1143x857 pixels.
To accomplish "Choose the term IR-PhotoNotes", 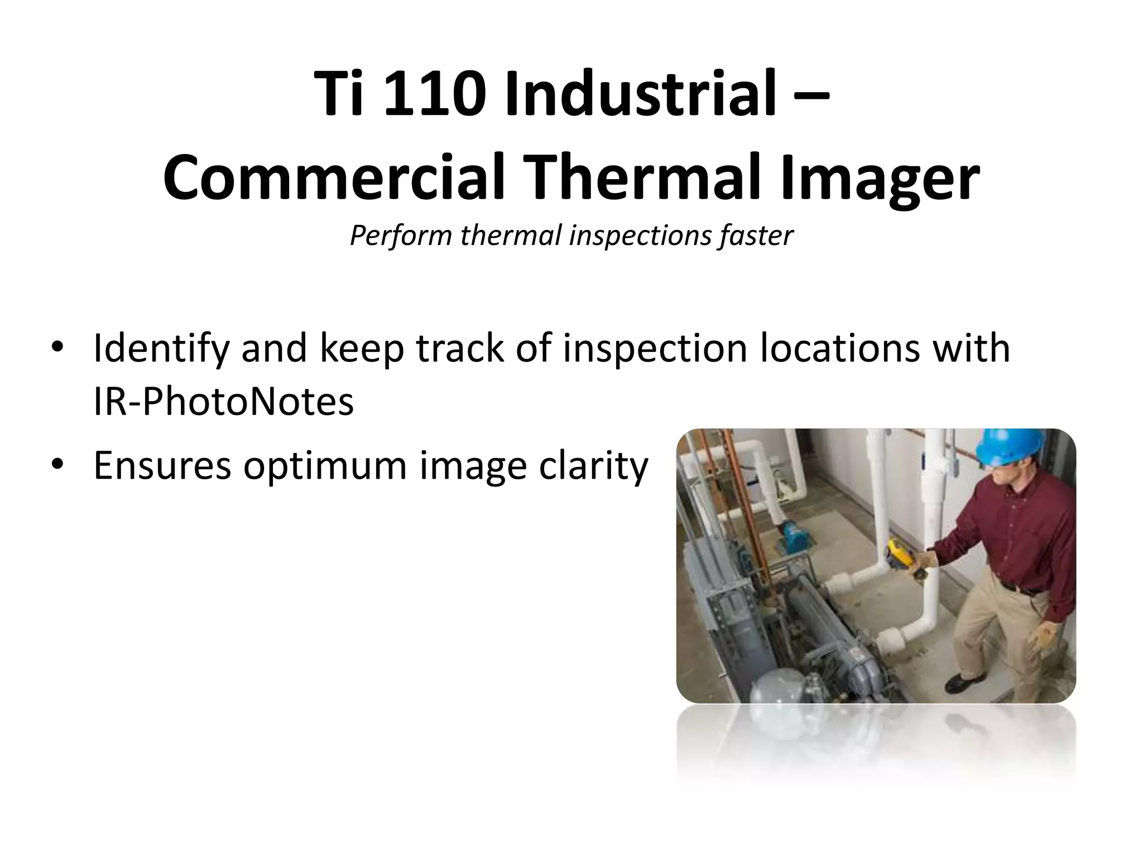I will coord(223,402).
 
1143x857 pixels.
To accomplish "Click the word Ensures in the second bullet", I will coord(162,465).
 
